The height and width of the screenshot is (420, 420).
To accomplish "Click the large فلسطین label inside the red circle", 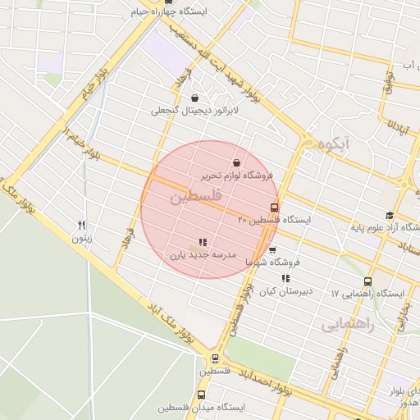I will point(199,198).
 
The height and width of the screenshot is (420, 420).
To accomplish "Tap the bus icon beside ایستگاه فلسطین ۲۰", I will point(274,208).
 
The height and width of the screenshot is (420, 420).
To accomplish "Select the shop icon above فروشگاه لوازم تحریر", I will point(236,162).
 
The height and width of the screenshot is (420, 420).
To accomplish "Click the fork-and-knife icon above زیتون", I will point(81,225).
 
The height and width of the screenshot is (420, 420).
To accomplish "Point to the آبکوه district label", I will point(336,145).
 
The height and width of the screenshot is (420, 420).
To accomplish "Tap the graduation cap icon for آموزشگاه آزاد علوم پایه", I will point(389,215).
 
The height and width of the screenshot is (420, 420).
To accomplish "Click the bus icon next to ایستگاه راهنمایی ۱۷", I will point(368,281).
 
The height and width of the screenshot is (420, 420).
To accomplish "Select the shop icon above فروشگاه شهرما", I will point(272,250).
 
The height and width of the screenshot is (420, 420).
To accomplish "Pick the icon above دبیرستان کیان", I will point(285,279).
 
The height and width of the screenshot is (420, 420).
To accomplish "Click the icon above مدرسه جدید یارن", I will point(203,242).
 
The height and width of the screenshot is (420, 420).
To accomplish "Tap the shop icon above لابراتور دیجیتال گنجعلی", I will point(194,98).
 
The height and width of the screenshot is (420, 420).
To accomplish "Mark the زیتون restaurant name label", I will point(81,239).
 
